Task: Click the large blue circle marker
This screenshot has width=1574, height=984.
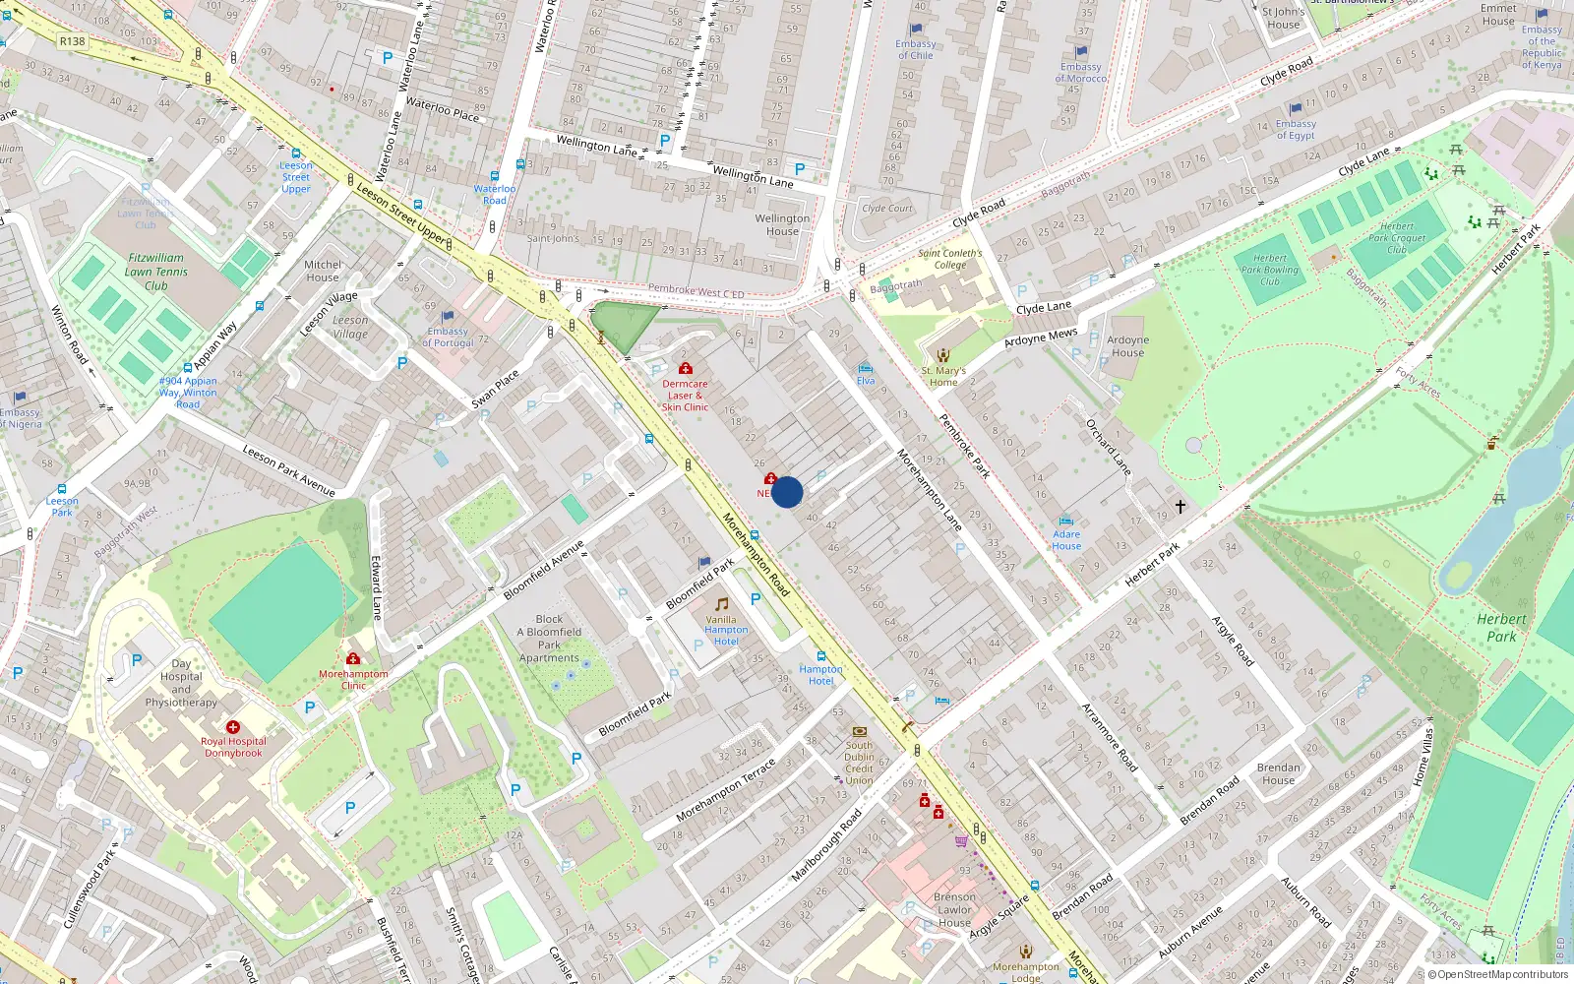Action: (x=787, y=492)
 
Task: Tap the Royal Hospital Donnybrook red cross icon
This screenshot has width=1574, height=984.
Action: (x=233, y=727)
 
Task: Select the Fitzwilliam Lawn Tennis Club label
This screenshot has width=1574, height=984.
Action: (x=155, y=272)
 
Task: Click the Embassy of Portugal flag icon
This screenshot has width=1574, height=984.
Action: (x=448, y=317)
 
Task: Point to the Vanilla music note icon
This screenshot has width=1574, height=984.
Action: (x=721, y=604)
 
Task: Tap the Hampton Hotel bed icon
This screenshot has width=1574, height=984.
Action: (x=821, y=655)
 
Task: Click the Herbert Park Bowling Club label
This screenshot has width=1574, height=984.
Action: (x=1269, y=270)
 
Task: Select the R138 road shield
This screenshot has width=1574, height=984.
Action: (x=72, y=41)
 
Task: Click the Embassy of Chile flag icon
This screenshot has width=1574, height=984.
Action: (x=916, y=30)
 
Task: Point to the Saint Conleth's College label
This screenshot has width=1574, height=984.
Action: (x=949, y=259)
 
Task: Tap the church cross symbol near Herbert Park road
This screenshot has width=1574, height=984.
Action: (x=1180, y=506)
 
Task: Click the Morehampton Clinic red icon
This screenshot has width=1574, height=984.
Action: (x=352, y=659)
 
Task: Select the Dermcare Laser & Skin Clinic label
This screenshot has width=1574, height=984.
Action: (x=685, y=396)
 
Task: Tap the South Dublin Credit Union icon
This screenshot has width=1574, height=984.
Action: (x=859, y=731)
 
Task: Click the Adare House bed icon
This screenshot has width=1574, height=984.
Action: (x=1065, y=522)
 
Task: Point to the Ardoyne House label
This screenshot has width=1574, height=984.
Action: (x=1127, y=346)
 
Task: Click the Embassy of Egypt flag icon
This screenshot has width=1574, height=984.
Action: (x=1296, y=109)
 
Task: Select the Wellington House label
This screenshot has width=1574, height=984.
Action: (x=782, y=224)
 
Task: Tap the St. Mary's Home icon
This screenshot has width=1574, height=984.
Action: (x=943, y=355)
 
